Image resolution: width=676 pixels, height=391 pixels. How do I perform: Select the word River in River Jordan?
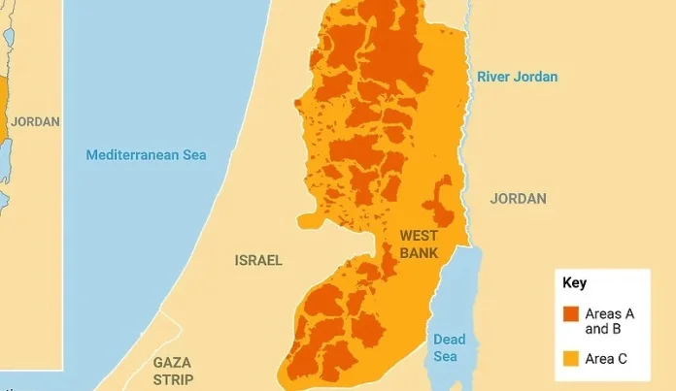493,77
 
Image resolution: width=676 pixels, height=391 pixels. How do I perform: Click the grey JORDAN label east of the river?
518,199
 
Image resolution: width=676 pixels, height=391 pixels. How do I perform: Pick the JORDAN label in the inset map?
35,122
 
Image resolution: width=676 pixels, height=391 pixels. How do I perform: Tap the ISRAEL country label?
258,260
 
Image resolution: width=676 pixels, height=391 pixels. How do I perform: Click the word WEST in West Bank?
419,236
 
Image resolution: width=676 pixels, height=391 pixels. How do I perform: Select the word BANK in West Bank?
419,253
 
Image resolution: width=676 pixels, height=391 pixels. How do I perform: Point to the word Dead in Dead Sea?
450,340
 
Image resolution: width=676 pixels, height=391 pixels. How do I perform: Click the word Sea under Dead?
445,356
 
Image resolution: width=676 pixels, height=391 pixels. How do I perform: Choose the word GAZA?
172,362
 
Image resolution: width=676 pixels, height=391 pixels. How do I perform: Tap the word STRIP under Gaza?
173,379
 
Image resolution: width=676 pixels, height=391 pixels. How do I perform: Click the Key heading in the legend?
574,283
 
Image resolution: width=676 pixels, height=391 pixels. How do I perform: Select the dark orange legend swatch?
571,313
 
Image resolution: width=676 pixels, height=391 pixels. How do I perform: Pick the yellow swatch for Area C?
571,359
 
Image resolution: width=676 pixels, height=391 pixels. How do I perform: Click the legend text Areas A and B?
609,320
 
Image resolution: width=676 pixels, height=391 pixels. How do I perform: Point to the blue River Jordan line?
467,146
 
